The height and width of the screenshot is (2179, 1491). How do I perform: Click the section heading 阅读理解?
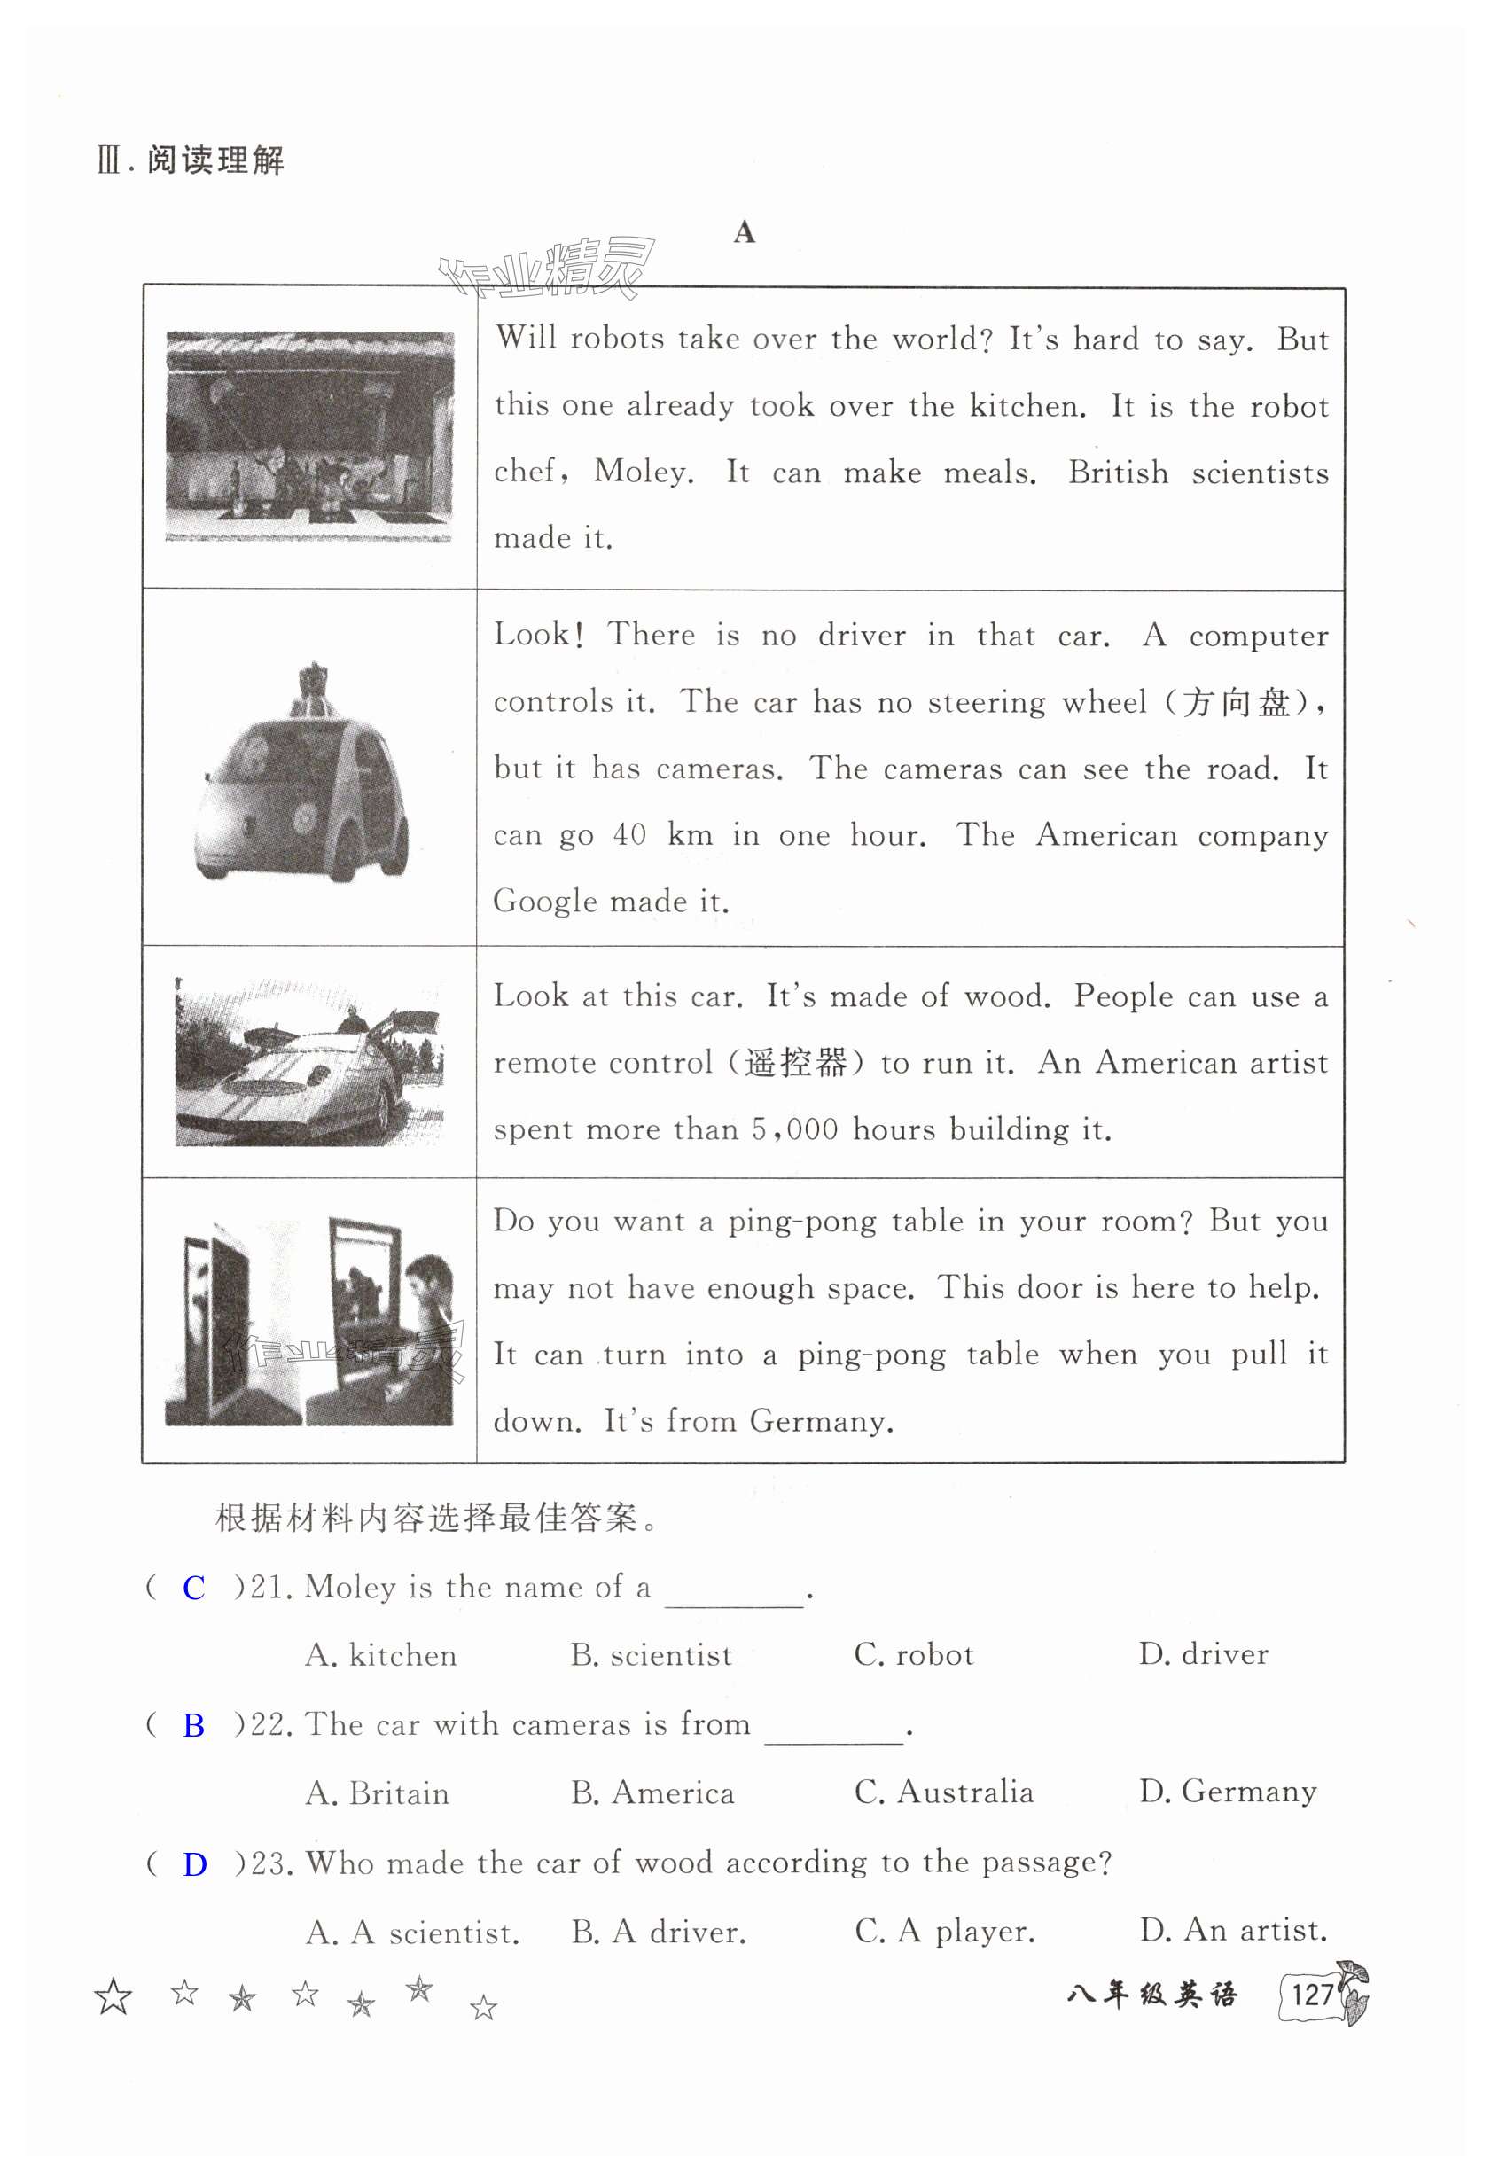point(215,160)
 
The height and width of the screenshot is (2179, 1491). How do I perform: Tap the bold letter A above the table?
point(744,232)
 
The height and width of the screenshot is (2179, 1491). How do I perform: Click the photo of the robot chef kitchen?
point(308,436)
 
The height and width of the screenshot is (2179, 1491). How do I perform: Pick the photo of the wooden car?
point(308,1062)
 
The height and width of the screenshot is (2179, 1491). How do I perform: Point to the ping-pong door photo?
point(308,1322)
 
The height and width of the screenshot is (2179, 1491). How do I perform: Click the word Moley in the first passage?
point(643,472)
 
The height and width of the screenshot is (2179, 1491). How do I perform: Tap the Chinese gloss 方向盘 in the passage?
point(1235,702)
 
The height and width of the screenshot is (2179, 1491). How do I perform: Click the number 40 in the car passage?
point(629,834)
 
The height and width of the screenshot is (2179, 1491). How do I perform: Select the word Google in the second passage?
point(544,901)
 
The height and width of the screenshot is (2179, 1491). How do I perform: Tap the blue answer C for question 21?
point(193,1589)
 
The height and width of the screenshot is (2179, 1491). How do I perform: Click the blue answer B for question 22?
point(193,1726)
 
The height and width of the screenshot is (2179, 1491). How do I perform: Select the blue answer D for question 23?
point(194,1865)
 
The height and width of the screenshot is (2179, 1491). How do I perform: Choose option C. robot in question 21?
point(913,1655)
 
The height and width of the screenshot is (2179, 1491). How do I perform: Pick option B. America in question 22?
point(652,1792)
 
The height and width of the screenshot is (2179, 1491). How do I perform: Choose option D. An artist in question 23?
point(1233,1931)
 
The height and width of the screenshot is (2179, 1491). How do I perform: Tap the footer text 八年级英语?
point(1151,1994)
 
